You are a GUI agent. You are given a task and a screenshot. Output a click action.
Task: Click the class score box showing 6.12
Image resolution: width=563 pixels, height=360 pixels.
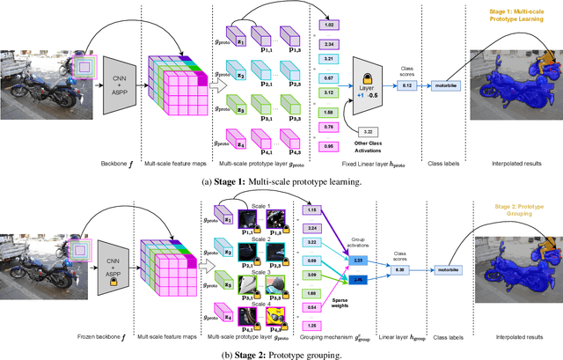[x=407, y=85]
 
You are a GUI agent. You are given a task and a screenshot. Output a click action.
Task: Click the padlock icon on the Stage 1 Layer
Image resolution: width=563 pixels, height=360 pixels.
[x=369, y=69]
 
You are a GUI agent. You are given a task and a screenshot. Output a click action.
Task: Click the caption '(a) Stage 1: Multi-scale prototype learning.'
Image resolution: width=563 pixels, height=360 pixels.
[x=281, y=181]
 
